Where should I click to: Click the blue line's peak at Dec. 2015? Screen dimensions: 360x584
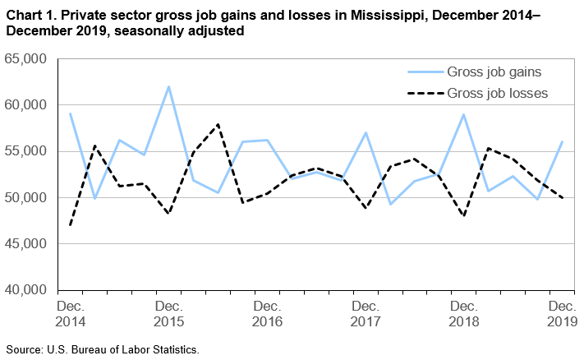click(x=168, y=86)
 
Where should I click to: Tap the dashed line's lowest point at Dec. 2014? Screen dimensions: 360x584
click(x=71, y=225)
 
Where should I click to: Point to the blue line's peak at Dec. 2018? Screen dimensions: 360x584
click(x=464, y=114)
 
